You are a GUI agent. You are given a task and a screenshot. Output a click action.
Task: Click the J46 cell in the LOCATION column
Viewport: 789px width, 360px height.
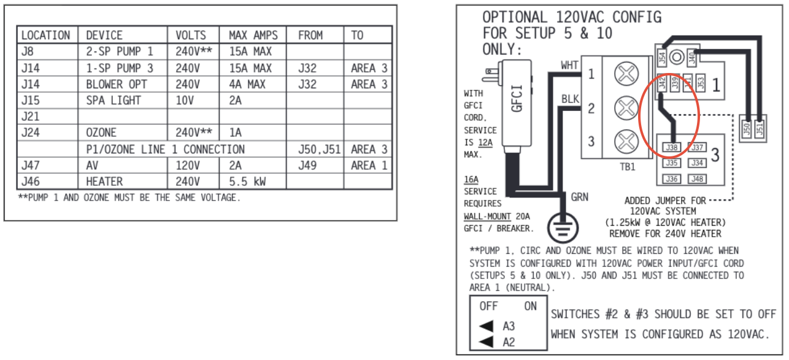coord(29,182)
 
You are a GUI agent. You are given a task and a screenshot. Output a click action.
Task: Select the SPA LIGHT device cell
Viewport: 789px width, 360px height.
coord(113,101)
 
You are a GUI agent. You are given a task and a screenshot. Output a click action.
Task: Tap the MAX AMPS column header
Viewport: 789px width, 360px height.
coord(253,36)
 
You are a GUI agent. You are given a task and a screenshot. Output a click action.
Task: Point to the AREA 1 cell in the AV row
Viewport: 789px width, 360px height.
coord(369,166)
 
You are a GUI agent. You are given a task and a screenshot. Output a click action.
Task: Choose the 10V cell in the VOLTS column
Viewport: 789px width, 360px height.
coord(185,101)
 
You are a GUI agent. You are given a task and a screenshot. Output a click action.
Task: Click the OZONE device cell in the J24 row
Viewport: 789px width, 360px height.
coord(101,132)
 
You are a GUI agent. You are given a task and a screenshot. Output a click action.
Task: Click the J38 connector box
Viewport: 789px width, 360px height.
coord(672,148)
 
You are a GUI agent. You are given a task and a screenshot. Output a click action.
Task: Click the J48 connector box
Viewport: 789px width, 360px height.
coord(696,179)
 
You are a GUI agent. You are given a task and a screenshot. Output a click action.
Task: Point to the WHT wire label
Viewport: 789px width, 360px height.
coord(570,64)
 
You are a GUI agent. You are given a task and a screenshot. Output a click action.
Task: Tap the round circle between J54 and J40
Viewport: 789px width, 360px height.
coord(677,58)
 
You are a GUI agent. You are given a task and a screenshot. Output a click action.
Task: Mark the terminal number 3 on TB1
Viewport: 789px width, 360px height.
coord(591,142)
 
